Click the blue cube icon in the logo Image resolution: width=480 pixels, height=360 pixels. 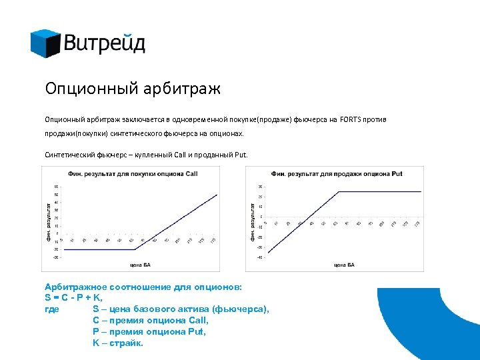45,43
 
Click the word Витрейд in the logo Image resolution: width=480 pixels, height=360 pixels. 105,44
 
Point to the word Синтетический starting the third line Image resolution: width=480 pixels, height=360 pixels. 69,155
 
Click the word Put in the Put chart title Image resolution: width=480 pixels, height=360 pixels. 397,174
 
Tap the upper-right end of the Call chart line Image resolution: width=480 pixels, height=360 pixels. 217,195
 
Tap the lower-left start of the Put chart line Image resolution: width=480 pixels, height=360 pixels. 268,251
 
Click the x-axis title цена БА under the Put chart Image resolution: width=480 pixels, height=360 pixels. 343,265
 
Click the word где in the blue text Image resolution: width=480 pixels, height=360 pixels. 51,309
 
